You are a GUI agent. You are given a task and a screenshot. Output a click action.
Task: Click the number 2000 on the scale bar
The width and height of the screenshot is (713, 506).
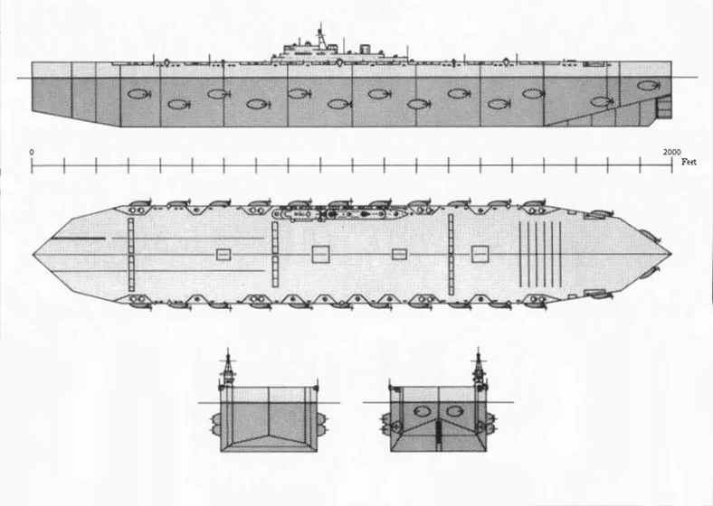tap(671, 152)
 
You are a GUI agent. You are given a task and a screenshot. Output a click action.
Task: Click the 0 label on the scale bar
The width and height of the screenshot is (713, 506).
tap(32, 152)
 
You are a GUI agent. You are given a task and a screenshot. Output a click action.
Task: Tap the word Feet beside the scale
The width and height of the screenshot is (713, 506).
tap(689, 162)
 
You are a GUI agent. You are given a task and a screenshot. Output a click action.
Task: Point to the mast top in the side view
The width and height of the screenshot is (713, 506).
tap(320, 23)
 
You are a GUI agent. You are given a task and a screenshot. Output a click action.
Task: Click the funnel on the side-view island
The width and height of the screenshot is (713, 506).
tap(365, 49)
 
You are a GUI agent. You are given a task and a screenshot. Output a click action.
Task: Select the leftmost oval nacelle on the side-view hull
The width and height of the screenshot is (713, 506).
tap(139, 94)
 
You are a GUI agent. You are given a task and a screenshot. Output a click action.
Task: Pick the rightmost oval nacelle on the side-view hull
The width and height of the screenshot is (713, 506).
tap(648, 86)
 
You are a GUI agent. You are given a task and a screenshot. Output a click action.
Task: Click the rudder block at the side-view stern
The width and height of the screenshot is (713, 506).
tap(664, 109)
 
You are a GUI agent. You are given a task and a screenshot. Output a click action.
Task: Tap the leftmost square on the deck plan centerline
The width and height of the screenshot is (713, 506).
tap(223, 255)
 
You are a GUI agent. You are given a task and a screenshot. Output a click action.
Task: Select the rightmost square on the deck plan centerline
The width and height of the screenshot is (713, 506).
tap(480, 254)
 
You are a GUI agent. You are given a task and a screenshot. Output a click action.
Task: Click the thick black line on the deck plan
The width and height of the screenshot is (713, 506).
tap(78, 238)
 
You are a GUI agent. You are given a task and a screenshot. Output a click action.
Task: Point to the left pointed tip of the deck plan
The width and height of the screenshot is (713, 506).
tap(33, 255)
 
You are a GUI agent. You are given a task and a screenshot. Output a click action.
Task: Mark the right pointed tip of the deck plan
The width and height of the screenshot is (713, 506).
tap(670, 252)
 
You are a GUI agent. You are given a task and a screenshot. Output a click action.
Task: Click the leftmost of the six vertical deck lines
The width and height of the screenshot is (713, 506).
tap(520, 255)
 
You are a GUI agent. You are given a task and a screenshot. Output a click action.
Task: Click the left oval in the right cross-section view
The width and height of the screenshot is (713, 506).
tap(423, 411)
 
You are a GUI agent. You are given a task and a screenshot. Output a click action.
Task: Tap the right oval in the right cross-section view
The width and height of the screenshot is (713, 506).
tap(454, 411)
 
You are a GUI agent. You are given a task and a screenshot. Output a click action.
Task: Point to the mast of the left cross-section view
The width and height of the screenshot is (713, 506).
tap(228, 367)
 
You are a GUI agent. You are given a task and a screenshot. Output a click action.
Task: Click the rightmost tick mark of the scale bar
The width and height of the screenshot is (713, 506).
tap(671, 165)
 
